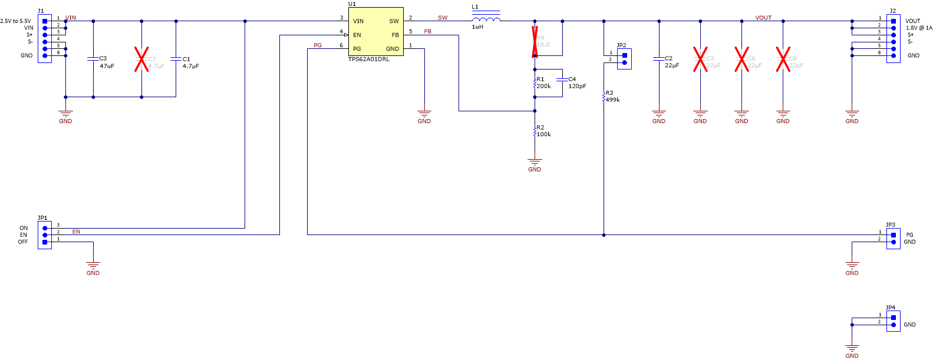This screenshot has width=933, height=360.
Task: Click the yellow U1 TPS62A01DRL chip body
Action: pos(375,32)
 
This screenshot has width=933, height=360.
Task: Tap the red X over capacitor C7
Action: pos(141,60)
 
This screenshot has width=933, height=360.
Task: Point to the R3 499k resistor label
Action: pos(612,97)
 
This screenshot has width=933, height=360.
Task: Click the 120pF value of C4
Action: pos(577,86)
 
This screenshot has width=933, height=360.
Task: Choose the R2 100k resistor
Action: pos(535,131)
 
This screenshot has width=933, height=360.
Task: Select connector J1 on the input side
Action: pos(45,38)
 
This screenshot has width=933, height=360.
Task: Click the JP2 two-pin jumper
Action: pos(624,58)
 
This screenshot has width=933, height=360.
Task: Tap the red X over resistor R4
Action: pos(535,41)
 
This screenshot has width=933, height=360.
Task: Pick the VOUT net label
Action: pos(763,18)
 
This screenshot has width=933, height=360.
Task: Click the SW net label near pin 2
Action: pos(443,18)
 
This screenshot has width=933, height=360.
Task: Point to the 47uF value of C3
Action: pos(107,66)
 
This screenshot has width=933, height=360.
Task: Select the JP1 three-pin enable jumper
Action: pos(45,235)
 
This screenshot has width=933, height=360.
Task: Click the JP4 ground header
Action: pos(893,321)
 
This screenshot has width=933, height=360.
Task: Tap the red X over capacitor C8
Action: pos(783,60)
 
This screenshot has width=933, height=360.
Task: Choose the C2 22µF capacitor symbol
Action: pos(659,59)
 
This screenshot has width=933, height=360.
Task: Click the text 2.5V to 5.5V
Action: pos(16,21)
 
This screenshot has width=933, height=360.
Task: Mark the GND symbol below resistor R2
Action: pos(535,163)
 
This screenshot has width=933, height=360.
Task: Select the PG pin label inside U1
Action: pos(357,49)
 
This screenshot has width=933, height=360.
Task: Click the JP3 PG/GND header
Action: pos(893,238)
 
